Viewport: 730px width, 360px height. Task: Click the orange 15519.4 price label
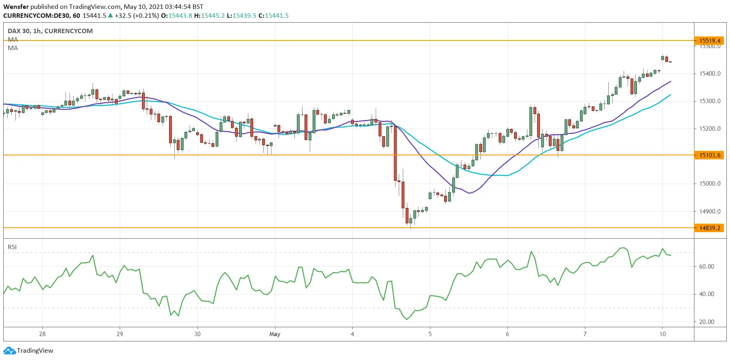(x=710, y=40)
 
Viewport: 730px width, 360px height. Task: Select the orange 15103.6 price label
(x=710, y=155)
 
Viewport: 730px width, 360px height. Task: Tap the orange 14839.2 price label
(x=710, y=228)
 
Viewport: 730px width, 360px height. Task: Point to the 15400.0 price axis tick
(x=710, y=74)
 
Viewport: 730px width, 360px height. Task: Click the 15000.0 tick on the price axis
(x=710, y=184)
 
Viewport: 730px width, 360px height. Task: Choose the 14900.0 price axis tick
(x=710, y=211)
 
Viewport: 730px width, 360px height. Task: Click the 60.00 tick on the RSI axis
(x=707, y=266)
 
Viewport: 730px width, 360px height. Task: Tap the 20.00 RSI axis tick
(x=707, y=322)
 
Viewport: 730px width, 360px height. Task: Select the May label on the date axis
(x=275, y=334)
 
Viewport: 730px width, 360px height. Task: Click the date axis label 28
(x=42, y=334)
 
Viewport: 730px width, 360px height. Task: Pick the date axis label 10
(x=662, y=334)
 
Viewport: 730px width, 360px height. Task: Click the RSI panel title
(x=12, y=247)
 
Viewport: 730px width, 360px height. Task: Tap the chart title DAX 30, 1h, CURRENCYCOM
(x=50, y=31)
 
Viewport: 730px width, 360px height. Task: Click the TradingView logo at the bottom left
(x=29, y=351)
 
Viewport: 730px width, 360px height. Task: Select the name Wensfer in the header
(x=16, y=6)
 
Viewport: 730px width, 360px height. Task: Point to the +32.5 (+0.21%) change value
(x=137, y=15)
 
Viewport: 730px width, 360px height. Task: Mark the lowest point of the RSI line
(x=407, y=320)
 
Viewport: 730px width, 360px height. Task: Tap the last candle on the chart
(x=670, y=62)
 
